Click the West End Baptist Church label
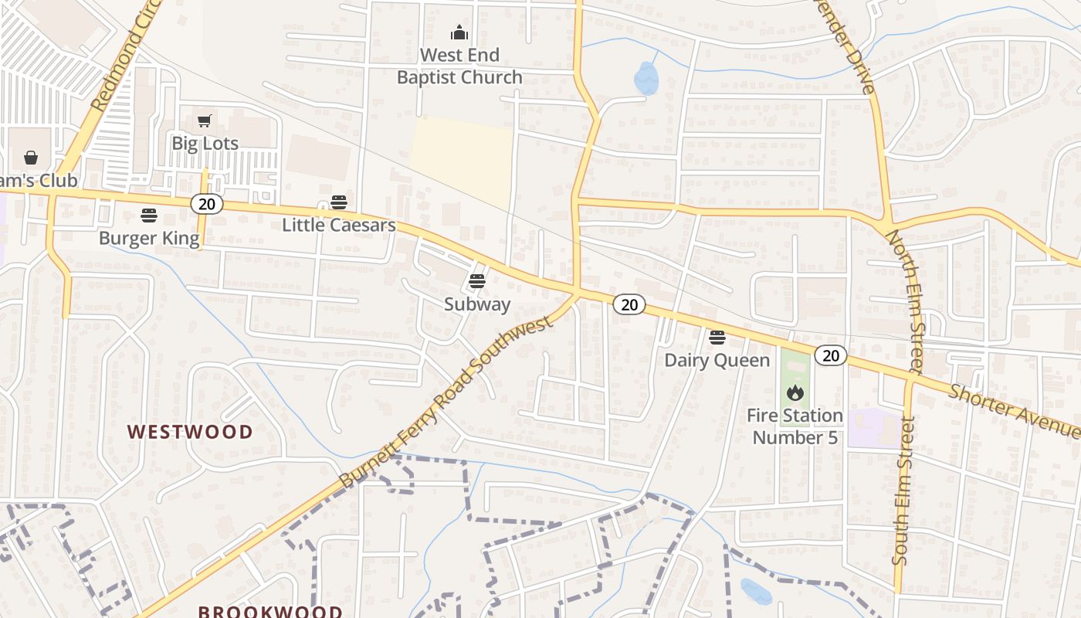(459, 66)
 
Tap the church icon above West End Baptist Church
(459, 32)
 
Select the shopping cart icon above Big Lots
(204, 121)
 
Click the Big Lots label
(205, 143)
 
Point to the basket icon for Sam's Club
(31, 158)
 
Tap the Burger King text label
(149, 238)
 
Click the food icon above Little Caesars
(339, 202)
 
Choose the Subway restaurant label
(477, 304)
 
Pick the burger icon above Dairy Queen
(717, 337)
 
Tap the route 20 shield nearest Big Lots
(207, 203)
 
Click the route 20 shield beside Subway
(629, 304)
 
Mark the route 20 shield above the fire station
(831, 355)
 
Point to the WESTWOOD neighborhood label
(190, 431)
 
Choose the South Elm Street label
(903, 491)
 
